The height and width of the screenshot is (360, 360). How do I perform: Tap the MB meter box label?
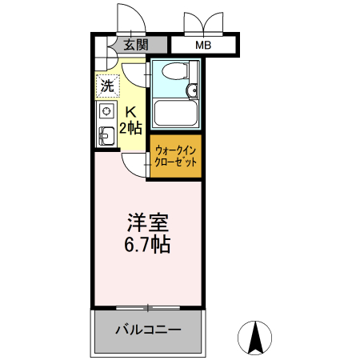204,46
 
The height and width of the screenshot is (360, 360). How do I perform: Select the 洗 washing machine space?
106,82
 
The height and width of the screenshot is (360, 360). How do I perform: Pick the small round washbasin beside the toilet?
192,90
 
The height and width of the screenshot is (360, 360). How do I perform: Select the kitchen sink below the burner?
105,135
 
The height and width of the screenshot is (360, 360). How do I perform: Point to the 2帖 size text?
130,127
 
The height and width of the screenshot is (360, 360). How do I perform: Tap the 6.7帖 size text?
148,244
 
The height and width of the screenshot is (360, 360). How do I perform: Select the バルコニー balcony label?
148,330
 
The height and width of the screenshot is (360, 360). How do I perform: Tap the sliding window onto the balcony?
149,307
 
